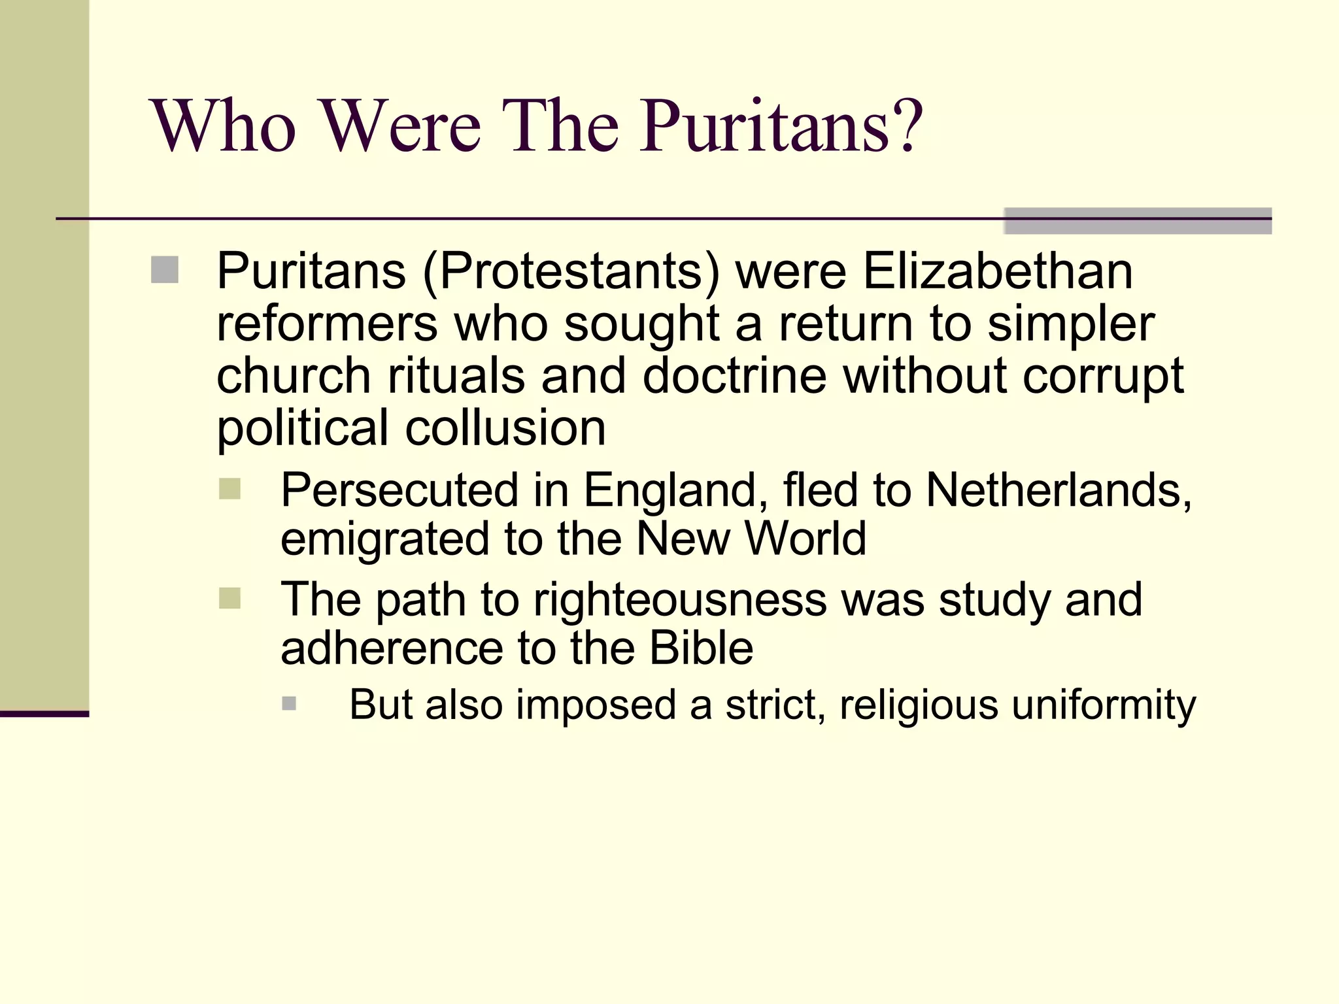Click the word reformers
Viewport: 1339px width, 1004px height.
(x=327, y=324)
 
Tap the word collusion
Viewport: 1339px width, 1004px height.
(x=505, y=428)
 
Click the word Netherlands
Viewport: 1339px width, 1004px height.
(x=1059, y=490)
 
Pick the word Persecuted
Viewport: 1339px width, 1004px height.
(x=399, y=490)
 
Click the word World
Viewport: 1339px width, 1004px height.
(x=805, y=539)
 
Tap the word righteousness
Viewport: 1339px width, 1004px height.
(x=680, y=600)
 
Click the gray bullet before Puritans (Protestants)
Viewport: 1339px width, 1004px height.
(x=165, y=270)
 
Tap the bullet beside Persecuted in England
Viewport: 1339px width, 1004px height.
(x=230, y=489)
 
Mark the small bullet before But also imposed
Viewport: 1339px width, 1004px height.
(x=289, y=704)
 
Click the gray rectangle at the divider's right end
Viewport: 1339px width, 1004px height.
(x=1138, y=221)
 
